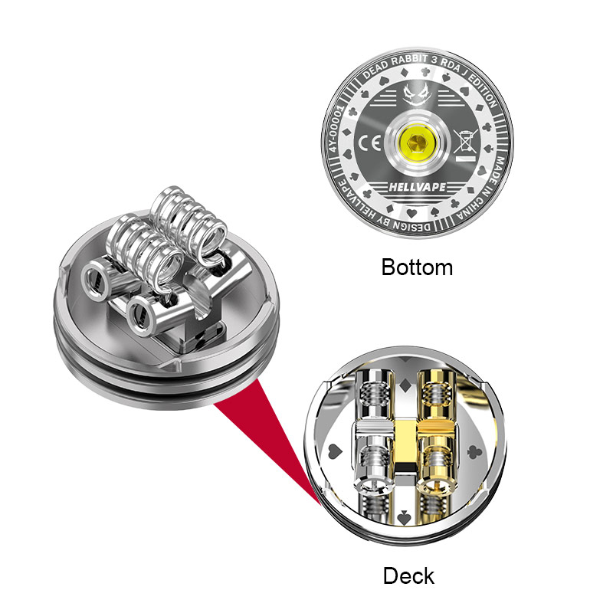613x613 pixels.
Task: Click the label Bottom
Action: (417, 267)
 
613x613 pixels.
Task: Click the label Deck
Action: (408, 575)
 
